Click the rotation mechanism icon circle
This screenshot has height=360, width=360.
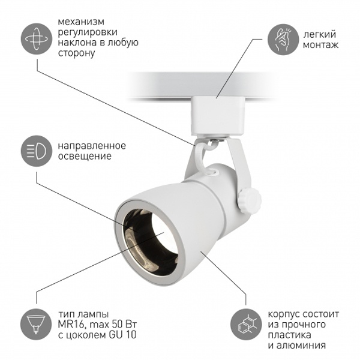point(37,39)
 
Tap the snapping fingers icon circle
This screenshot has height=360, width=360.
point(283,39)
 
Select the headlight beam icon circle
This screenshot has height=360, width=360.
point(37,151)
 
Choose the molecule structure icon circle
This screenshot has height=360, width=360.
point(247,325)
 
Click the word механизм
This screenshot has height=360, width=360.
point(81,22)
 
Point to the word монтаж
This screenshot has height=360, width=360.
point(320,44)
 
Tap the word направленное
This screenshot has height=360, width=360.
point(92,146)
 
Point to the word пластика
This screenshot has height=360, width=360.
point(290,335)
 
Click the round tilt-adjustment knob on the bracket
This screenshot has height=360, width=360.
point(250,199)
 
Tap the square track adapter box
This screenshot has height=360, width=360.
point(217,116)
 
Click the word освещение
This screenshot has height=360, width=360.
point(85,156)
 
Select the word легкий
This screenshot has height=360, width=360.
point(320,34)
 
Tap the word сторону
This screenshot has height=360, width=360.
point(76,53)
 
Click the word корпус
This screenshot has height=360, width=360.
point(284,314)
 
